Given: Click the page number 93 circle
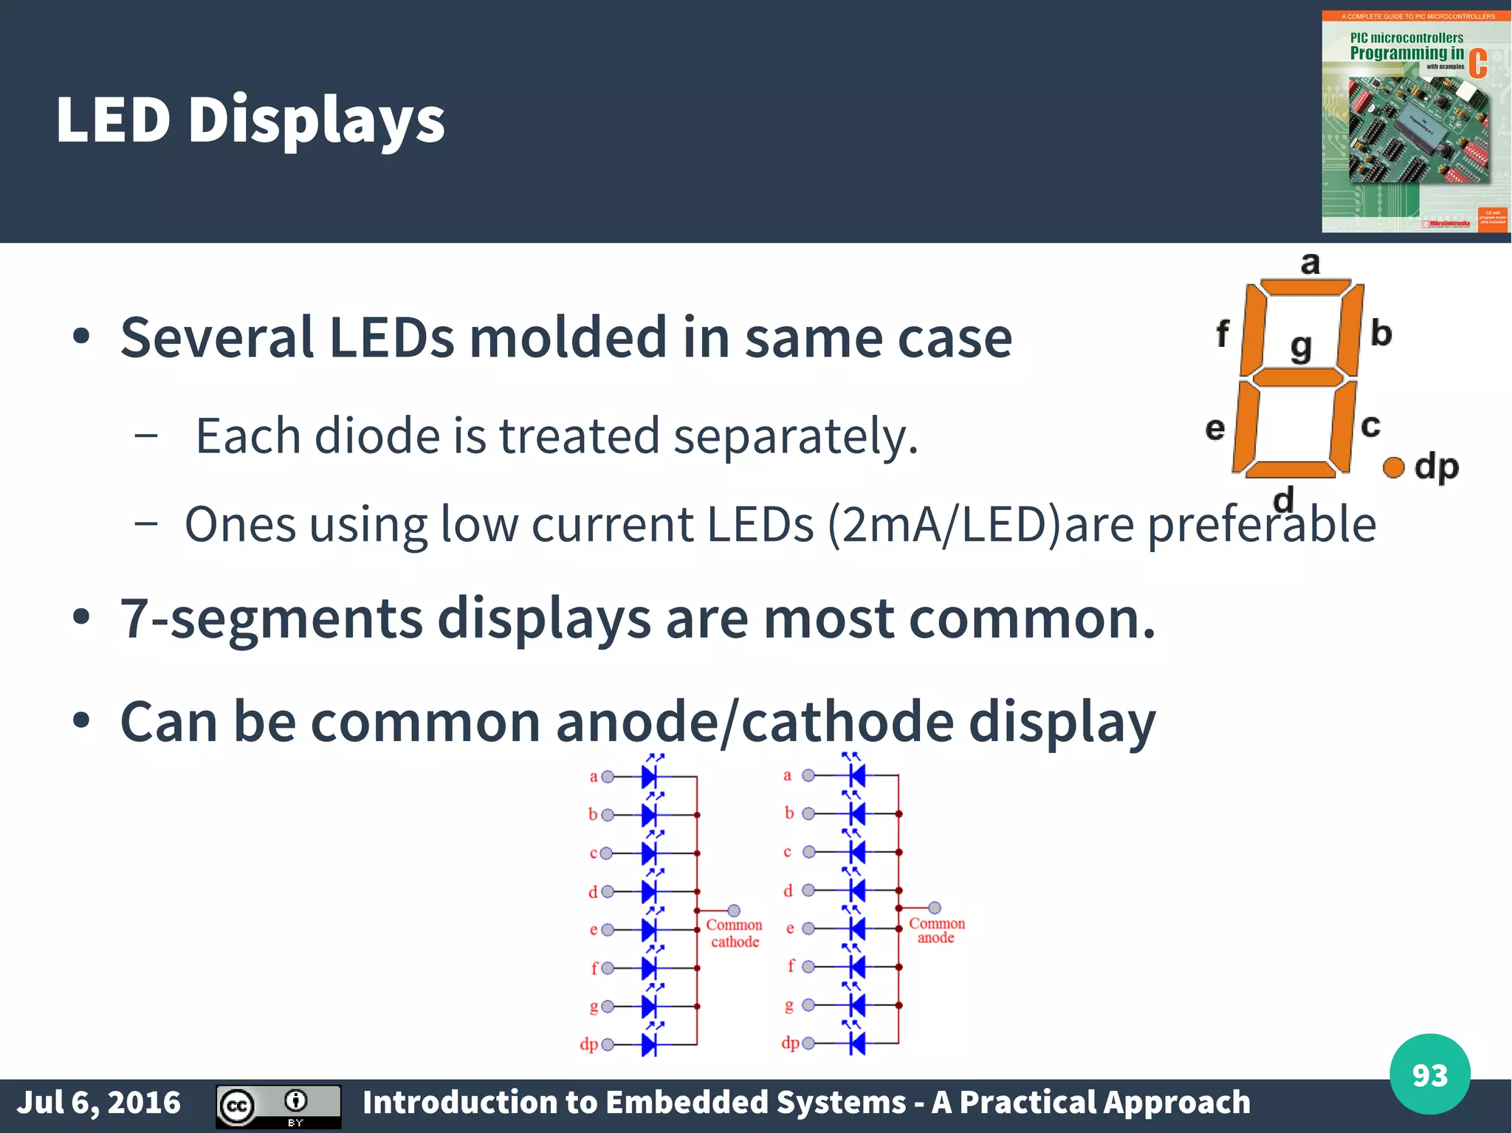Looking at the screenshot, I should [x=1429, y=1074].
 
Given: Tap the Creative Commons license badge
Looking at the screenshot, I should [x=278, y=1106].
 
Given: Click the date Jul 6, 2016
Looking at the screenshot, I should [x=99, y=1102].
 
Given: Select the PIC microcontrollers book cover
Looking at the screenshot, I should [x=1415, y=122].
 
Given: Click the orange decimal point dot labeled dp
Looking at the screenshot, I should [x=1393, y=466].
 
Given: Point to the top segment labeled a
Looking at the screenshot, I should [x=1305, y=286].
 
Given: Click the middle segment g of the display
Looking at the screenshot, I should [x=1297, y=378].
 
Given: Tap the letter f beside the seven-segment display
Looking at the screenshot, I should [x=1223, y=334].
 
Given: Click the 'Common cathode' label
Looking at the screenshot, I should [x=734, y=933].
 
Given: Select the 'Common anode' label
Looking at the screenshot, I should [x=936, y=930].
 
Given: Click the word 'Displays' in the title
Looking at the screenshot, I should [x=316, y=120].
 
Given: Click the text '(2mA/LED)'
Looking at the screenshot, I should [x=944, y=524].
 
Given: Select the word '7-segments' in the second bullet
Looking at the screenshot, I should [x=272, y=618].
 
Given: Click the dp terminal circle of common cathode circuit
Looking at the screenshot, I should [x=608, y=1044].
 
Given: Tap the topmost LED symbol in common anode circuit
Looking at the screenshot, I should [x=856, y=775].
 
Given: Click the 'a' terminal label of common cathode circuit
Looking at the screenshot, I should [x=594, y=776].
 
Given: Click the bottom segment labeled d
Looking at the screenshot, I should [x=1291, y=469].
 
